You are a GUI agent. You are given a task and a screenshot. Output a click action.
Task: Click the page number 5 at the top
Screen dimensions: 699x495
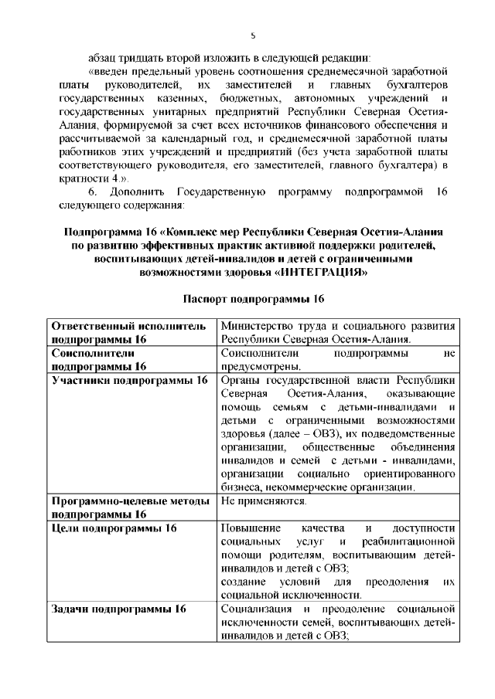[x=253, y=36]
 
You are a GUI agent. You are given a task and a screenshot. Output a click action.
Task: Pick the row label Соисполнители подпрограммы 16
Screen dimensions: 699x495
[x=99, y=360]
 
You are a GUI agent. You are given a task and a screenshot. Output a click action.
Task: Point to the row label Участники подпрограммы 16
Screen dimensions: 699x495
[x=128, y=380]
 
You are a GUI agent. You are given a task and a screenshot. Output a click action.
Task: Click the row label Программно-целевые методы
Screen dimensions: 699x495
[x=130, y=501]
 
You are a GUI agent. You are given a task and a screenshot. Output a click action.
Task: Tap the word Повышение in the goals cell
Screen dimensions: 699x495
[x=250, y=528]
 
